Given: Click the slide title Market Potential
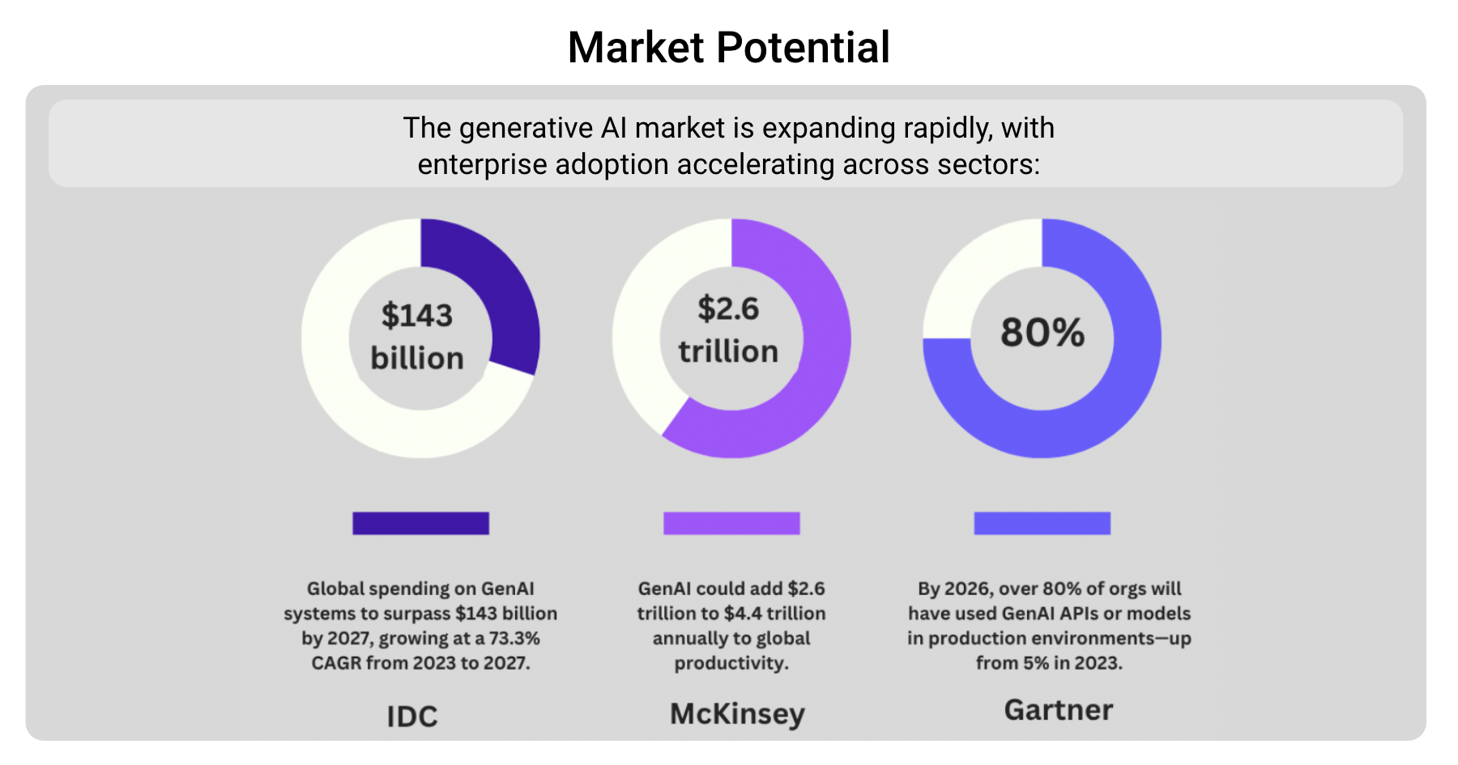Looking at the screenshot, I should click(728, 48).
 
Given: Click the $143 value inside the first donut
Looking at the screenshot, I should click(417, 315).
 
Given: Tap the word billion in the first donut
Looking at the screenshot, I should click(417, 358).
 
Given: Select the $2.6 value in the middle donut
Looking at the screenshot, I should click(728, 308).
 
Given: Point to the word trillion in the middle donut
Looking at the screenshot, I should click(728, 351).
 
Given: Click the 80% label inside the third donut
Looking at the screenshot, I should click(1042, 332).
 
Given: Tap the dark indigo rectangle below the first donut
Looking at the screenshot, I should click(420, 523).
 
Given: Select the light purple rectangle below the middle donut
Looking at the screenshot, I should click(731, 523).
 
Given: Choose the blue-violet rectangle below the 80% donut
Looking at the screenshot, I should click(1042, 523).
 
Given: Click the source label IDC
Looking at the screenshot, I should click(412, 716).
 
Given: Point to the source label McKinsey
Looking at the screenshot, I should click(737, 713).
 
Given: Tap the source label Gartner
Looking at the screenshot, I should click(1058, 710).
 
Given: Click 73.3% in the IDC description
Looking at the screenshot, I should click(514, 638).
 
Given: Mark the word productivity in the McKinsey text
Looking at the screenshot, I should click(731, 663).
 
